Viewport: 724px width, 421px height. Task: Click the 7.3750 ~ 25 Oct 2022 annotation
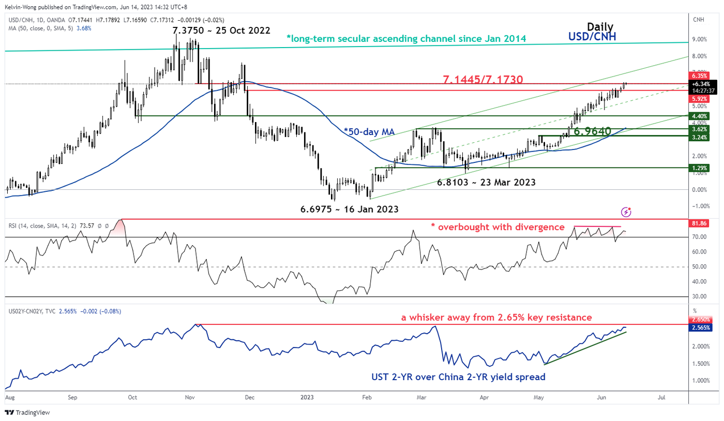click(221, 31)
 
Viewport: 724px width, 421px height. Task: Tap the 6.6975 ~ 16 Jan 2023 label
click(349, 209)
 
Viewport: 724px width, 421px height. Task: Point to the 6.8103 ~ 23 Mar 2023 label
click(486, 183)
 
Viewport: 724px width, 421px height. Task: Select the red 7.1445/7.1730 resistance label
click(483, 80)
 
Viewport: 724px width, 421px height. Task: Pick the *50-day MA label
click(370, 132)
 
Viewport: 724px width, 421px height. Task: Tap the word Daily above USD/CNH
click(600, 27)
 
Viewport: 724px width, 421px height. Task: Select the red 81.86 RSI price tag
click(702, 222)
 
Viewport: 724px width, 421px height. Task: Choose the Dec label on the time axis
click(250, 398)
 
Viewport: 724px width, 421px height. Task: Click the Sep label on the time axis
click(72, 398)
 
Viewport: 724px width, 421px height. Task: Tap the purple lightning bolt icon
click(626, 212)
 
